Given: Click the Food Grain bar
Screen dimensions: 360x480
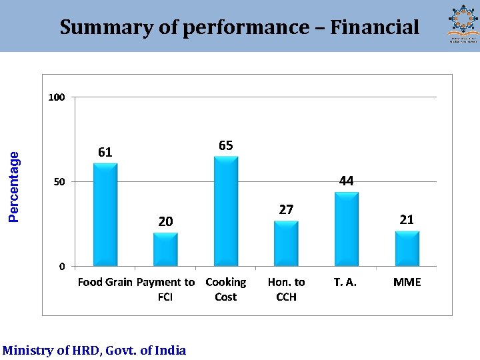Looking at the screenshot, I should click(x=105, y=215).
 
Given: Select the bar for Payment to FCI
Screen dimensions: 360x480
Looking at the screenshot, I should click(x=165, y=249).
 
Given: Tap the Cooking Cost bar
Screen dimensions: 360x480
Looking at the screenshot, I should click(x=225, y=211).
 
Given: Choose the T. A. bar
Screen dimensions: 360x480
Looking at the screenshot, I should click(x=346, y=229).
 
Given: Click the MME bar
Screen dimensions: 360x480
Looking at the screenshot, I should click(x=407, y=249).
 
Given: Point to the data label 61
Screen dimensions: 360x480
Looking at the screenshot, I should click(x=105, y=153).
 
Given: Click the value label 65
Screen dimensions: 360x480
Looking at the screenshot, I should click(x=225, y=146).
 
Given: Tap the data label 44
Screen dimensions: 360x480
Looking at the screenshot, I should click(x=346, y=181).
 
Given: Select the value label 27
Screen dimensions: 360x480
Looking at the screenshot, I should click(x=286, y=210).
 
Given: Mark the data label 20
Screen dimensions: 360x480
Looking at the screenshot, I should click(x=165, y=221).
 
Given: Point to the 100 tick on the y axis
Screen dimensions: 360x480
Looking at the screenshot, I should click(x=57, y=97).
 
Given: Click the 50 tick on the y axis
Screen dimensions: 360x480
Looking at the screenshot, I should click(x=59, y=182).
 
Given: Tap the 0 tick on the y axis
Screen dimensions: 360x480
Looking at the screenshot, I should click(x=61, y=267).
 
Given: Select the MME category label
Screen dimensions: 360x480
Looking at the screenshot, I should click(x=407, y=283).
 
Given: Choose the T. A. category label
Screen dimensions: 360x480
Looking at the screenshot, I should click(x=345, y=283).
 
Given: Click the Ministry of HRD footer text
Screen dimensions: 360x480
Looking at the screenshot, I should click(x=94, y=350).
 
